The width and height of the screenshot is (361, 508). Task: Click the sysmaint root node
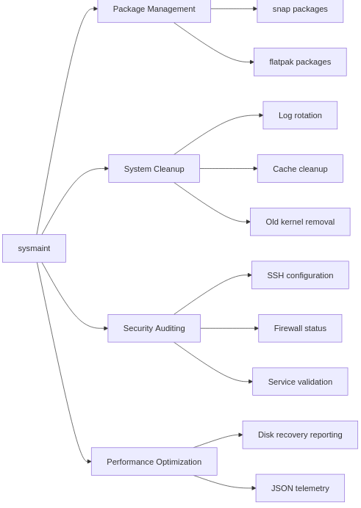(34, 248)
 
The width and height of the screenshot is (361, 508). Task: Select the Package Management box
(154, 10)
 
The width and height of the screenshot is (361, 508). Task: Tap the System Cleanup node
(154, 169)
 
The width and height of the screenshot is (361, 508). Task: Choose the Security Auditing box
(154, 328)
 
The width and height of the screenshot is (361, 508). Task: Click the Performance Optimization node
(154, 462)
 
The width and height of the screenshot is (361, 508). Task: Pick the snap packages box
(300, 10)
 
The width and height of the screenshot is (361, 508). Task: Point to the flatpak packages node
(300, 62)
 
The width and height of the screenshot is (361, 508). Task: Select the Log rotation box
(300, 115)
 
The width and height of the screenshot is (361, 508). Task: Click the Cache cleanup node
(300, 169)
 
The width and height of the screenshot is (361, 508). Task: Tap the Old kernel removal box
(300, 222)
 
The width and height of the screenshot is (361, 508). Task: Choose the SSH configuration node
(300, 275)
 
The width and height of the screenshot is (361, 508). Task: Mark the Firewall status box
(300, 328)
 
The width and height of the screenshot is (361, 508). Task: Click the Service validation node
(300, 382)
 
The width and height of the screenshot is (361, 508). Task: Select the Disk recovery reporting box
(300, 435)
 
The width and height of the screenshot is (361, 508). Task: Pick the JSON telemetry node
(300, 488)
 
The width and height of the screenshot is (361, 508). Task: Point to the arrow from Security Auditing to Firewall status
(228, 328)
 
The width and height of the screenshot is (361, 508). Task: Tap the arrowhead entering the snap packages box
(254, 9)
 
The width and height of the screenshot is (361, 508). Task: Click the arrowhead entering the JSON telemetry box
(253, 488)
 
